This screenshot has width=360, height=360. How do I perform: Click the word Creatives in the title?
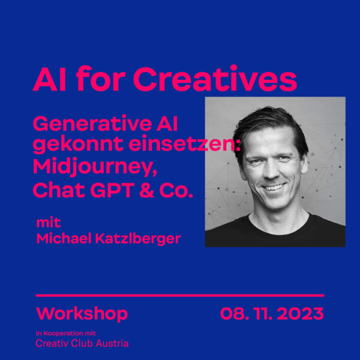(x=215, y=79)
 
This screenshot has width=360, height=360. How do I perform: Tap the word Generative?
(x=92, y=124)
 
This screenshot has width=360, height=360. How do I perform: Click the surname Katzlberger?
(x=138, y=239)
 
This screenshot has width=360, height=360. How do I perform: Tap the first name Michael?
(x=64, y=238)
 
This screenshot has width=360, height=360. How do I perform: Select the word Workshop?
(x=82, y=314)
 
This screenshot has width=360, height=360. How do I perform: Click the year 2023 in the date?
(x=301, y=314)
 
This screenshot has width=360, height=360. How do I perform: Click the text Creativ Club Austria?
(x=82, y=343)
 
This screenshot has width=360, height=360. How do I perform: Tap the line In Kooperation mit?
(x=65, y=333)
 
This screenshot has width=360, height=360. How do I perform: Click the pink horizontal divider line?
(x=180, y=295)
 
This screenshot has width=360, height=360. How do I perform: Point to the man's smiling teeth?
(x=274, y=187)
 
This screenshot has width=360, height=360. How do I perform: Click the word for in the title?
(x=101, y=79)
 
